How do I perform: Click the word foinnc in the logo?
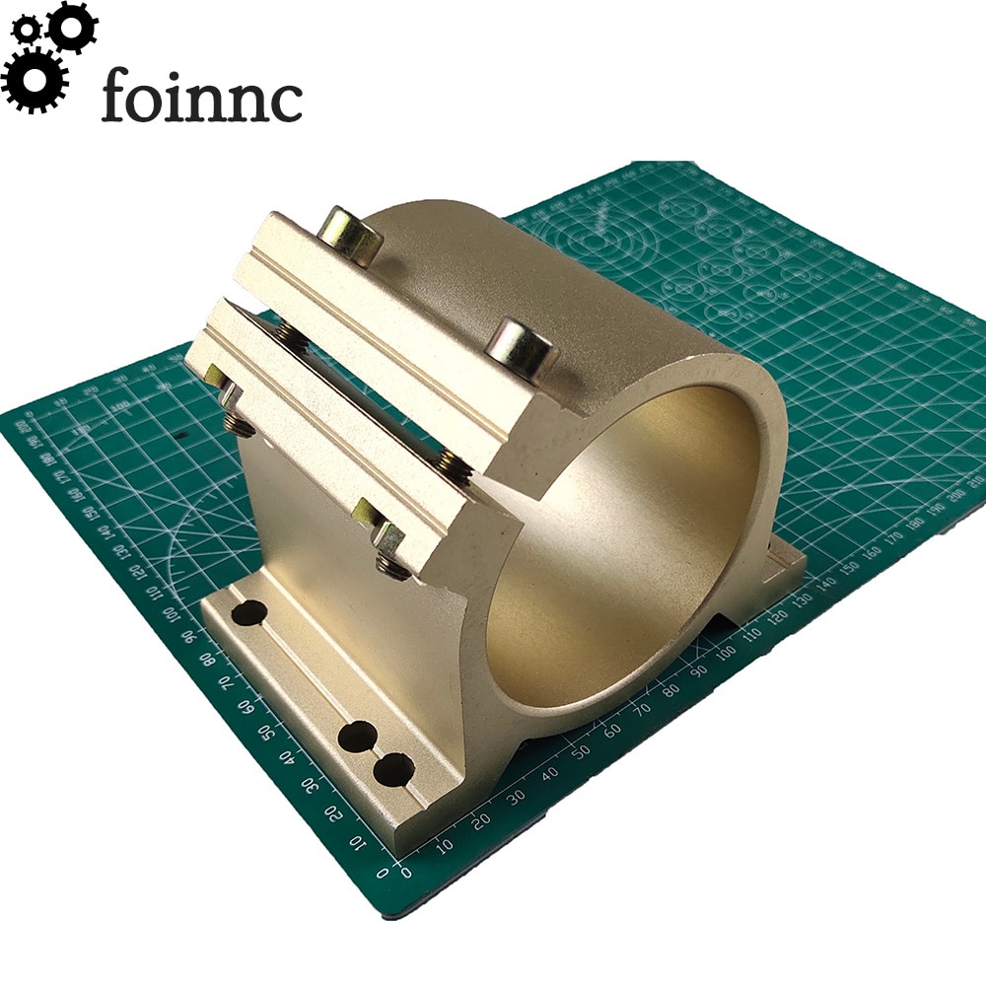[x=201, y=97]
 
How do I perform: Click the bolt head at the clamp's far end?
[x=351, y=233]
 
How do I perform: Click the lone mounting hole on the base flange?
[x=249, y=611]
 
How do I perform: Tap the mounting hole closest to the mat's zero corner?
[x=393, y=768]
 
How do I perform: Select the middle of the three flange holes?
[x=357, y=737]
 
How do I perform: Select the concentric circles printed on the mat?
[x=592, y=237]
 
